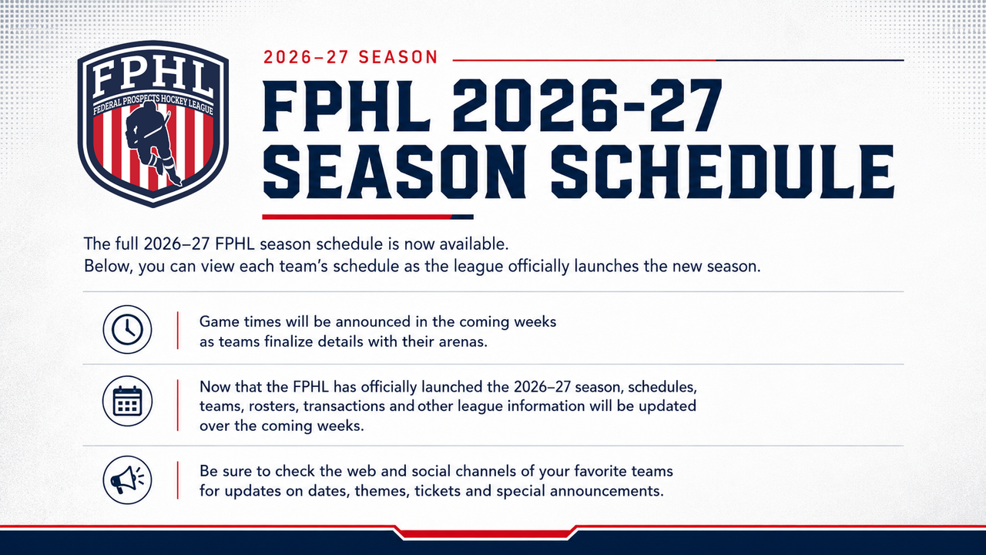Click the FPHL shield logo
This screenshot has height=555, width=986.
tap(153, 124)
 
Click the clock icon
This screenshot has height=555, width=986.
tap(127, 329)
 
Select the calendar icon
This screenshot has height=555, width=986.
tap(127, 401)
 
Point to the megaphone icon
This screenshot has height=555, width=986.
tap(127, 479)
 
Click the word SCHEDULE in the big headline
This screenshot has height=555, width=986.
tap(722, 172)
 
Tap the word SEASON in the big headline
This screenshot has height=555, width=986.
tap(394, 172)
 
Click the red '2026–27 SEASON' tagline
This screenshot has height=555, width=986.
tap(350, 57)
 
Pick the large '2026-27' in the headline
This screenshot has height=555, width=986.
tap(587, 106)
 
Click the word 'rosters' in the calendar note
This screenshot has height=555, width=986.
tap(273, 406)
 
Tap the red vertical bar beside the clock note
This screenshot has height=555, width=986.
tap(177, 331)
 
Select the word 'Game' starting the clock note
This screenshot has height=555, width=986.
tap(218, 321)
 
